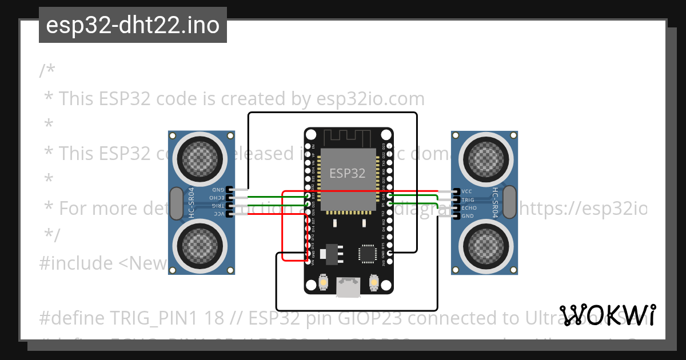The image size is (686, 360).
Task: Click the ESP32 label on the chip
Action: tap(347, 173)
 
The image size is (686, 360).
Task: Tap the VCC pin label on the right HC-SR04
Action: tap(466, 192)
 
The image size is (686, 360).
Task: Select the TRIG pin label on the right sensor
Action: tap(468, 200)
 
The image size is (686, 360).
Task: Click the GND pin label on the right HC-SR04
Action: tap(467, 216)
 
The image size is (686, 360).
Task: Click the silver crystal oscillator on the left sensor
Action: tap(177, 203)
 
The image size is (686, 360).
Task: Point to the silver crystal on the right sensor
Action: tap(509, 203)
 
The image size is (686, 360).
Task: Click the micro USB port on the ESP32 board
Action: tap(348, 287)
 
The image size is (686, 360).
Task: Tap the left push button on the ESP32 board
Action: tap(324, 283)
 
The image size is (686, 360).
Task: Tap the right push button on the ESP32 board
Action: tap(374, 283)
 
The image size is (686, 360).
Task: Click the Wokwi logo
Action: tap(608, 315)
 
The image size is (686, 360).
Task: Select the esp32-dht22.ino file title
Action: tap(133, 25)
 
